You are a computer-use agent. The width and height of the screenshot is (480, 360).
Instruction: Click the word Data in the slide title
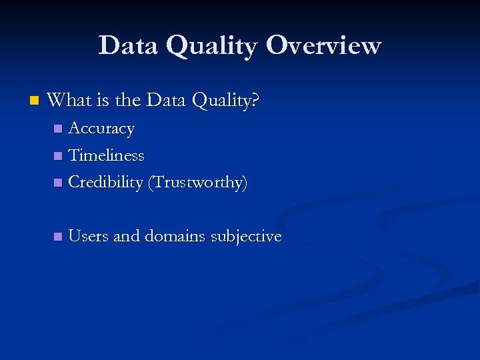[128, 45]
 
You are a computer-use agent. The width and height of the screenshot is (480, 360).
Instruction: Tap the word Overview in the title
[323, 45]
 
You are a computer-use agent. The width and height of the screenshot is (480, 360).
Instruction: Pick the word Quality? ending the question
[225, 101]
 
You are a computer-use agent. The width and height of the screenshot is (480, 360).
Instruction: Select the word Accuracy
[101, 128]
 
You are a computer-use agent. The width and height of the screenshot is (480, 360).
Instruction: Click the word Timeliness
[106, 155]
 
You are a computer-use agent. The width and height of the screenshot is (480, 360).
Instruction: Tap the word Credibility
[105, 183]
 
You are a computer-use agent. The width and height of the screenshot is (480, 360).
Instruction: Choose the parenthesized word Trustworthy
[197, 183]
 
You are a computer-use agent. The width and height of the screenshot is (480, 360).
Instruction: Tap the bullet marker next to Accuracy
[58, 129]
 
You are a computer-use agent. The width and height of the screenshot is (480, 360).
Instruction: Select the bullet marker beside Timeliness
[58, 156]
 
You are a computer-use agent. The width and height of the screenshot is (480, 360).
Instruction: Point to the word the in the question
[127, 101]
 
